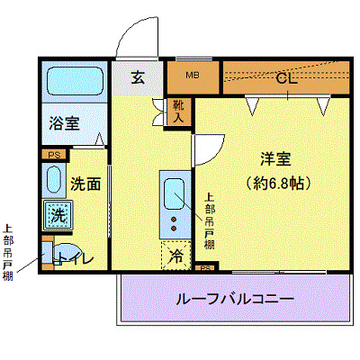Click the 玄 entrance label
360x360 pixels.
137,77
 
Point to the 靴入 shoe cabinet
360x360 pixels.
180,110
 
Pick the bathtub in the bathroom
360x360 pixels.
73,84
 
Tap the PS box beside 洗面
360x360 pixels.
52,154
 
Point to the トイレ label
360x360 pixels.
74,259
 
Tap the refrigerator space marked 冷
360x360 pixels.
175,256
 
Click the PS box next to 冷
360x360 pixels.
204,267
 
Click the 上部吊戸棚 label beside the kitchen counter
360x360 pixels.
209,220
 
